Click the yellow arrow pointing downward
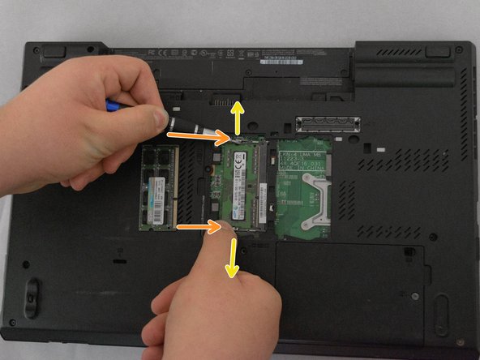232,259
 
